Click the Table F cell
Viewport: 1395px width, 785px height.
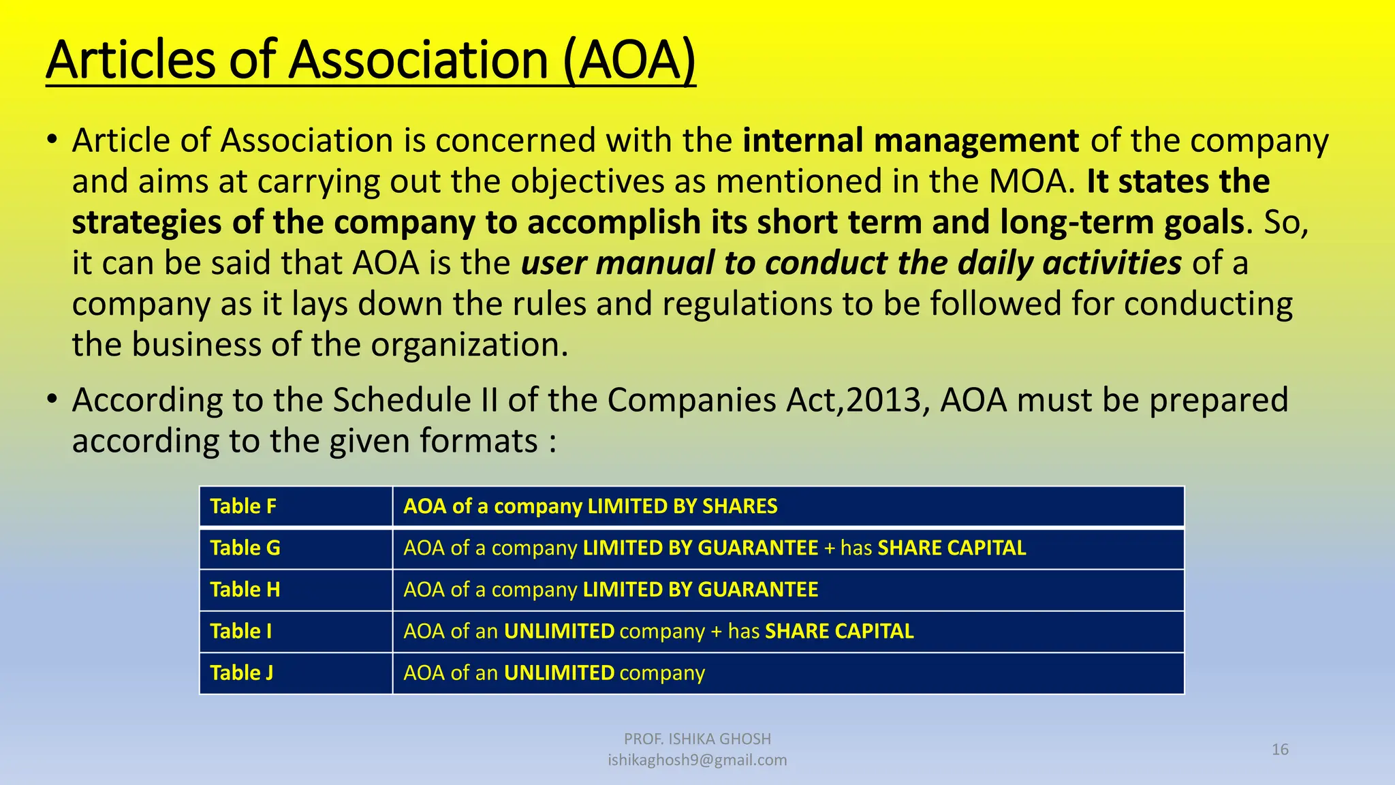pos(243,506)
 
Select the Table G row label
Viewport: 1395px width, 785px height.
pos(245,548)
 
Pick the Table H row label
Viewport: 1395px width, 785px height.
pos(245,589)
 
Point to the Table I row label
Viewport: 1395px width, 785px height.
pos(241,631)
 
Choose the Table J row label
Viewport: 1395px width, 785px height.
pos(242,673)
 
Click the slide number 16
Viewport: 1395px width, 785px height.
pos(1280,750)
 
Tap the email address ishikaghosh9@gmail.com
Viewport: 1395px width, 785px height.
pos(697,760)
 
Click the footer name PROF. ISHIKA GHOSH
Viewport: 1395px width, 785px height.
pos(697,739)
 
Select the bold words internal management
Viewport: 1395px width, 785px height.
pos(911,140)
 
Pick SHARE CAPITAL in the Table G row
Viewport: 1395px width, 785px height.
pos(952,548)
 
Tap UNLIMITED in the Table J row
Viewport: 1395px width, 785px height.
pos(559,673)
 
